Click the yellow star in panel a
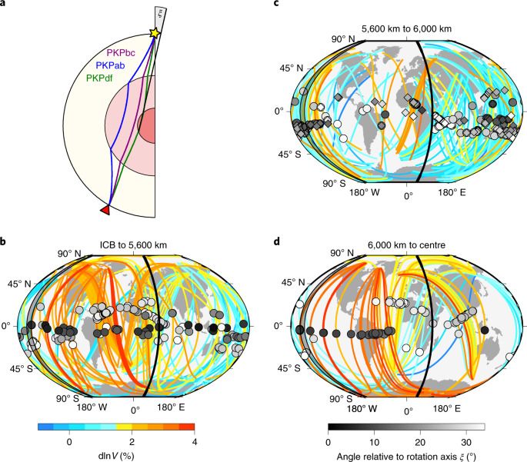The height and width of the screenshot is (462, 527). pos(155,33)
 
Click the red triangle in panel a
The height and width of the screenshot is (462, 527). pos(105,210)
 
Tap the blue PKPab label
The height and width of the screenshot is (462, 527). pos(110,65)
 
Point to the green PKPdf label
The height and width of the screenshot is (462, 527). pos(101,77)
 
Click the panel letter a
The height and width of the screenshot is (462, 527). pos(4,5)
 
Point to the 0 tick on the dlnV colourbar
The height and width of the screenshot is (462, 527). pos(69,441)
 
